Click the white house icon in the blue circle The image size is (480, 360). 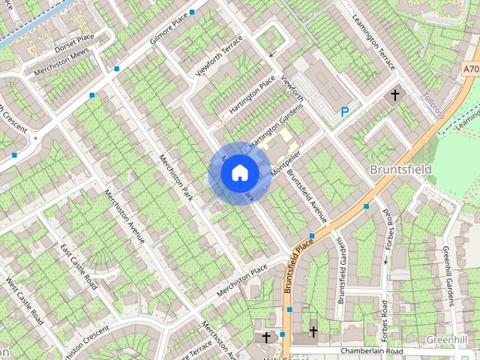click(x=239, y=172)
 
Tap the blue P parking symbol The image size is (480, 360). click(x=344, y=112)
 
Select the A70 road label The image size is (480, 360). click(x=470, y=69)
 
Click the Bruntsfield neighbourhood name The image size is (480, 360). click(x=400, y=169)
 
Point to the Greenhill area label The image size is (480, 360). click(x=447, y=340)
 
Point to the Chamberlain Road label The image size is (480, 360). click(x=371, y=351)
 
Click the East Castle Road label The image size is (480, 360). click(x=79, y=266)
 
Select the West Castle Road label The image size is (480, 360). click(x=25, y=300)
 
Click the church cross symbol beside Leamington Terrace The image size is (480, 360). click(x=395, y=95)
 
